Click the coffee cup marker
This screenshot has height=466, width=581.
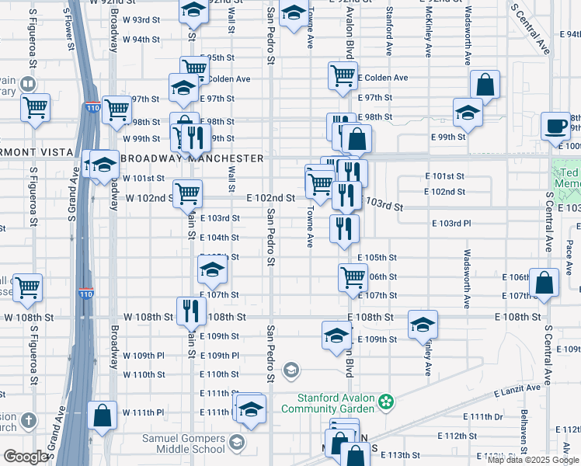tap(556, 126)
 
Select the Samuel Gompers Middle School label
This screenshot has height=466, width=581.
tap(183, 443)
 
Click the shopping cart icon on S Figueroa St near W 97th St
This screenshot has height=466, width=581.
tap(35, 108)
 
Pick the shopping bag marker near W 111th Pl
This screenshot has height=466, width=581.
tap(102, 415)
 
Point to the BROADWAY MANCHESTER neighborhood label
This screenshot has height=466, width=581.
tap(191, 158)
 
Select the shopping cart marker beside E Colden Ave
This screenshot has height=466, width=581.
tap(343, 76)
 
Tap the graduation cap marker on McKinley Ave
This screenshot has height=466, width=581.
tap(423, 324)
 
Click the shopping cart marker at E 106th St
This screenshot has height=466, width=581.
tap(353, 276)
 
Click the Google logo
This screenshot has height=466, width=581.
tap(26, 457)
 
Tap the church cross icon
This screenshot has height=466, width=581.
tap(28, 420)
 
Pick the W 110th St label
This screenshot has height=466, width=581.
tap(144, 374)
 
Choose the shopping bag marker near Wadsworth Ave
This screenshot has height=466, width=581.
tap(484, 85)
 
